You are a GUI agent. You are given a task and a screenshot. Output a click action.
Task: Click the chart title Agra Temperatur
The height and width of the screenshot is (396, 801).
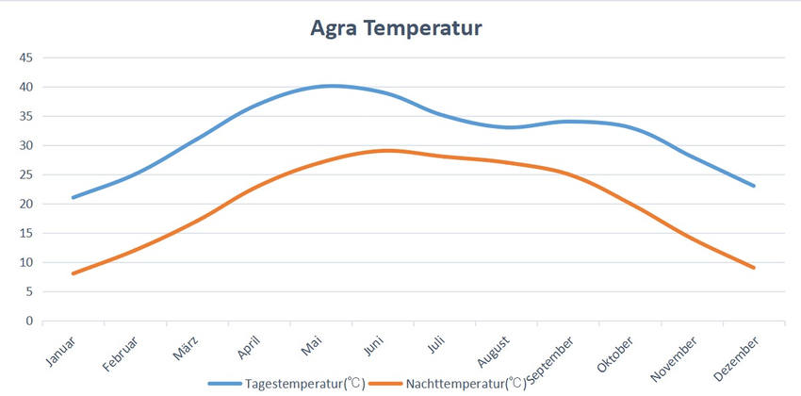[x=396, y=28]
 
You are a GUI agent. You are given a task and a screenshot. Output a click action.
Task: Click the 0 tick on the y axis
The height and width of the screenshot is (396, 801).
[x=29, y=321]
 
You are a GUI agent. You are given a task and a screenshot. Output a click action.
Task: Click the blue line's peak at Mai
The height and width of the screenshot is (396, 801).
[x=331, y=86]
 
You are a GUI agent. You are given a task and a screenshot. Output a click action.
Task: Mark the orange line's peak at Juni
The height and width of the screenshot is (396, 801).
[x=389, y=150]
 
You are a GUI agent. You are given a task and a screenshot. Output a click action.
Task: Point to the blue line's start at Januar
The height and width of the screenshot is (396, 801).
[x=74, y=197]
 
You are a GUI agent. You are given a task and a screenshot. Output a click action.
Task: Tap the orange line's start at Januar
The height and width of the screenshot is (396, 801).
[x=74, y=273]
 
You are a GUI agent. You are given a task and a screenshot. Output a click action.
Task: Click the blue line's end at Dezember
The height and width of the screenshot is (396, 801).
[x=754, y=186]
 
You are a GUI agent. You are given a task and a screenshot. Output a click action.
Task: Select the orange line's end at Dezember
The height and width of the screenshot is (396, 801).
[x=754, y=268]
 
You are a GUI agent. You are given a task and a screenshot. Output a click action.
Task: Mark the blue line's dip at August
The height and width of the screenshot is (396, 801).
[x=509, y=127]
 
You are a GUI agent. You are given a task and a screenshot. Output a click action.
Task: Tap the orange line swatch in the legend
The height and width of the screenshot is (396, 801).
[x=385, y=384]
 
